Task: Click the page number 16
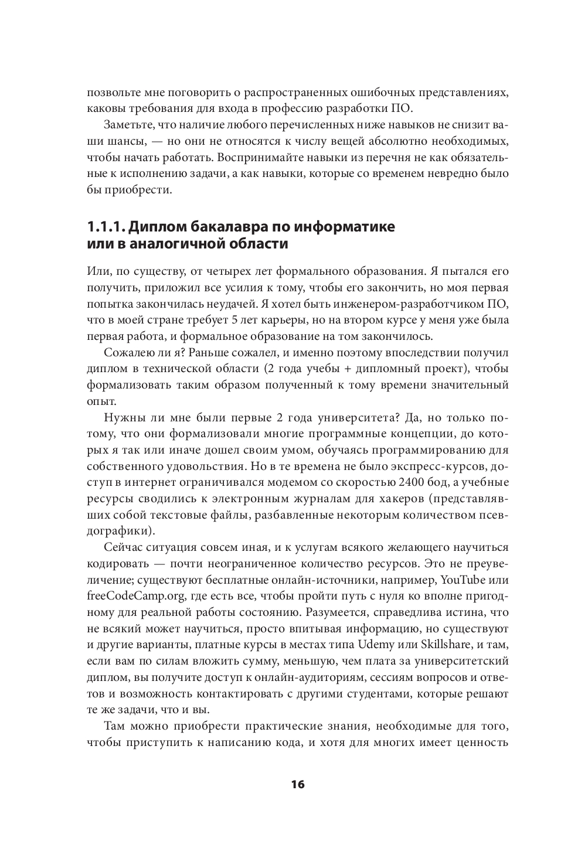[x=298, y=784]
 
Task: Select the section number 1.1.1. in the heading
[x=104, y=227]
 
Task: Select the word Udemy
[x=398, y=645]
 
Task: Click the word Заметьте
[x=128, y=125]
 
